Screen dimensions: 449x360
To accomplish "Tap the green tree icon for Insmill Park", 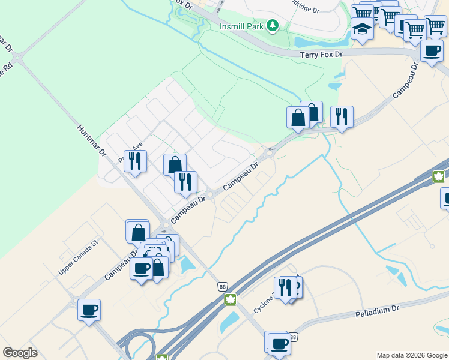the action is pyautogui.click(x=273, y=25).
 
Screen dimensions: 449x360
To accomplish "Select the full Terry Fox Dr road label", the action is pyautogui.click(x=321, y=55).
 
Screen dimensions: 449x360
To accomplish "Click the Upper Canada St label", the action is pyautogui.click(x=77, y=259).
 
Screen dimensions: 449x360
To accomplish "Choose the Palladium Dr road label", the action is pyautogui.click(x=377, y=311).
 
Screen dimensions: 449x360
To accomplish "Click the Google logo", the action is pyautogui.click(x=20, y=353).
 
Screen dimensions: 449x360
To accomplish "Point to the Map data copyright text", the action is pyautogui.click(x=411, y=355).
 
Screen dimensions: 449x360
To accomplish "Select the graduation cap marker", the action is pyautogui.click(x=362, y=29).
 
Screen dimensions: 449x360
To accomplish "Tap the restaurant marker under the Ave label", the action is pyautogui.click(x=135, y=161).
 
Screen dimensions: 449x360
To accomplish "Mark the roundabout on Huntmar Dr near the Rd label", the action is pyautogui.click(x=19, y=58).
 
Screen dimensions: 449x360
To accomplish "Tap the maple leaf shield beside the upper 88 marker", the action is pyautogui.click(x=229, y=299).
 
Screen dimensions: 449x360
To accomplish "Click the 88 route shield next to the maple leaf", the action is pyautogui.click(x=222, y=287).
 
